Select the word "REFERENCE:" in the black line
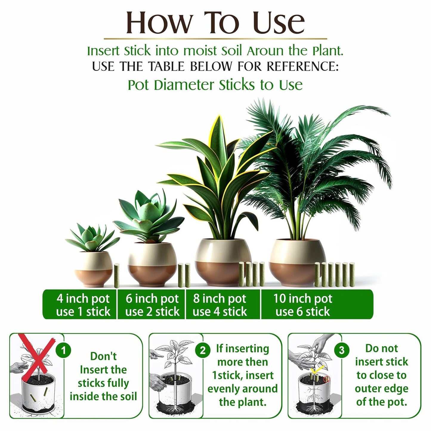(x=302, y=66)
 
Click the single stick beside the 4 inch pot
(x=117, y=276)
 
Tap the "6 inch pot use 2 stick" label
(x=152, y=305)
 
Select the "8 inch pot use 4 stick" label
(x=220, y=305)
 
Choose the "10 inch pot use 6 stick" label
(x=303, y=305)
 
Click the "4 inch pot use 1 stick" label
(x=83, y=305)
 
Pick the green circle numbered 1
(x=63, y=350)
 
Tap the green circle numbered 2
(x=203, y=350)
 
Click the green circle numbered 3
(x=342, y=350)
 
